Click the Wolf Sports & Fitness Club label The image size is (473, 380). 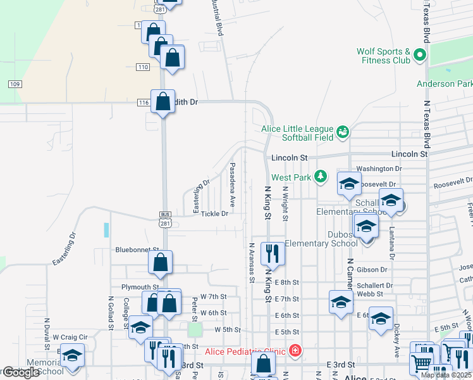383,56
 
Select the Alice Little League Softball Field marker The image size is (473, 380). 343,132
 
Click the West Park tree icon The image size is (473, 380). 321,175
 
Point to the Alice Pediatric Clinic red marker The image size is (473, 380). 294,350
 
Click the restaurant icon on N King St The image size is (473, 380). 273,253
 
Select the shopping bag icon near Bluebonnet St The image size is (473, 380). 161,262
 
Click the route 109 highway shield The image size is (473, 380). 16,84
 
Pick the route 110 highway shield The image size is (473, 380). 142,67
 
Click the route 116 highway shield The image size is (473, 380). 143,101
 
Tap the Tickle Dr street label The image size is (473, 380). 214,213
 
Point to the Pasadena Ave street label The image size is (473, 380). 232,184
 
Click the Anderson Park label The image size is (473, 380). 444,84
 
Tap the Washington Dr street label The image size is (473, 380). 379,169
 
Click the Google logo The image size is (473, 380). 20,372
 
